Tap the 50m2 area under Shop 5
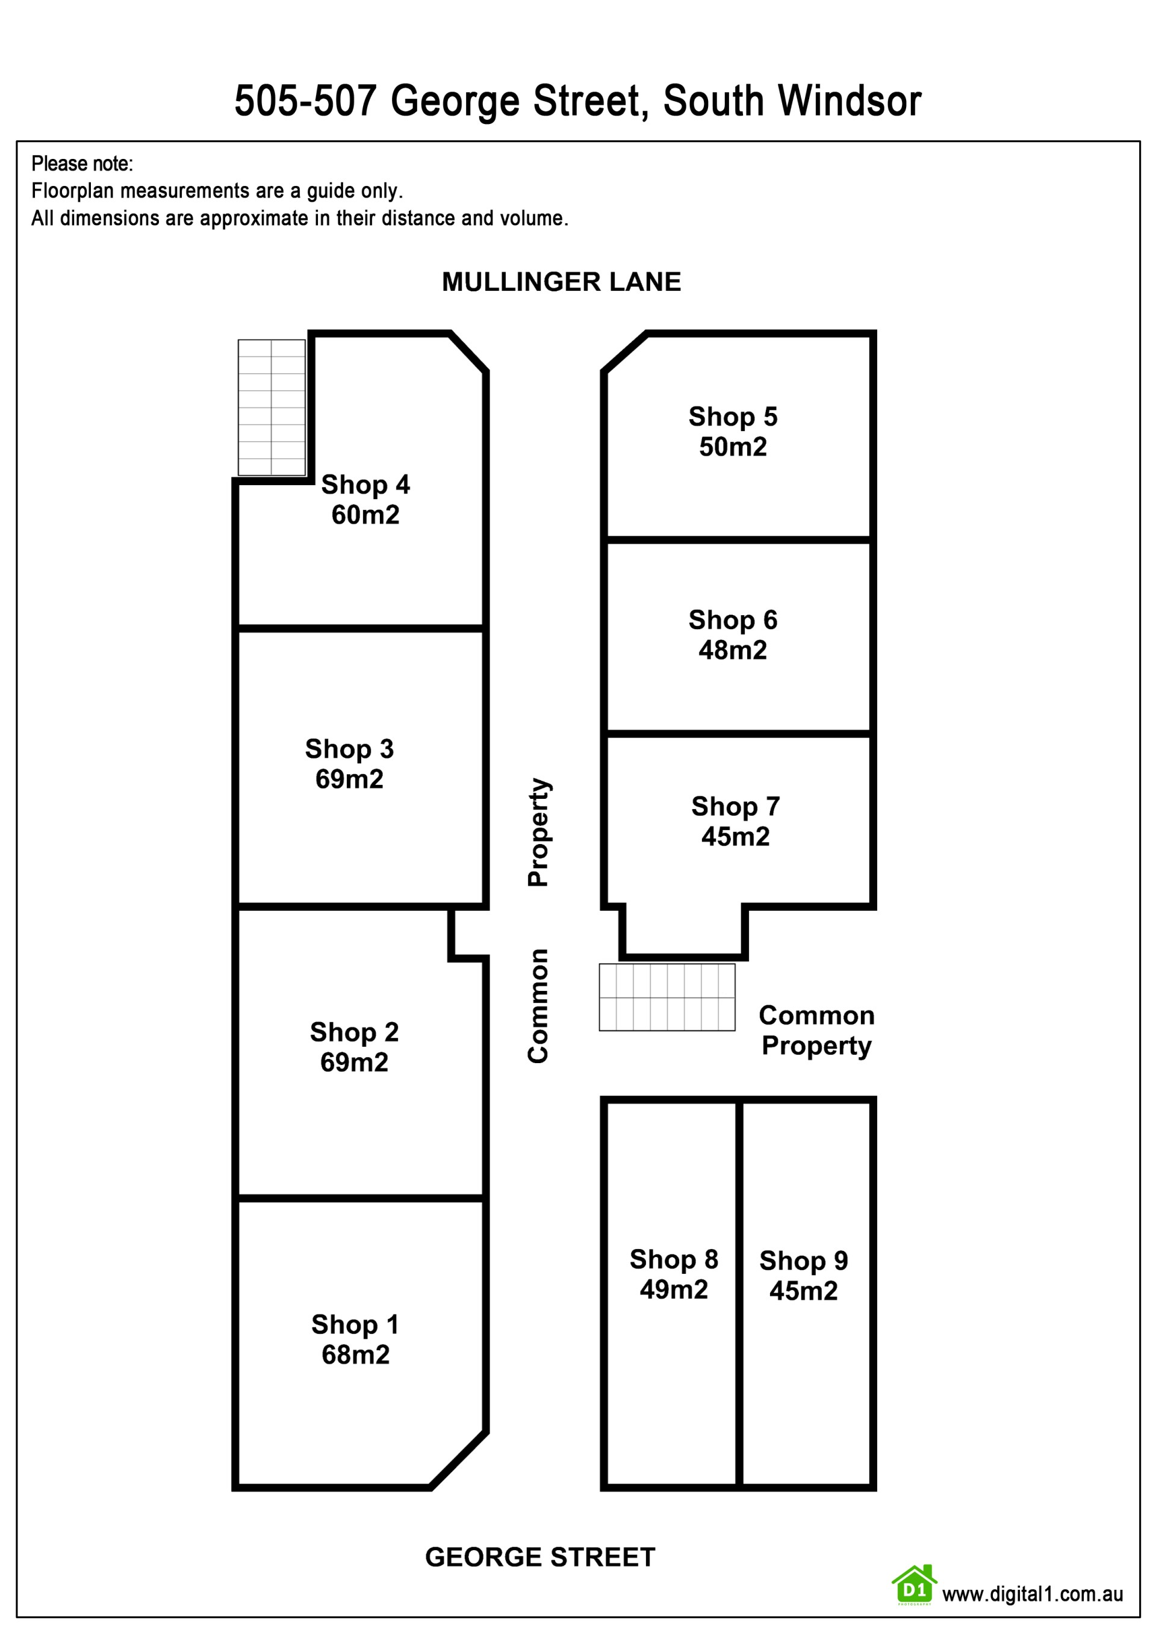tap(733, 447)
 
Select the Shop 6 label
tap(733, 619)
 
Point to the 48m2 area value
tap(733, 650)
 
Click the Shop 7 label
tap(736, 806)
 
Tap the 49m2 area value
tap(674, 1289)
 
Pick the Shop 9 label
tap(803, 1261)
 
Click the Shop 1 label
tap(355, 1324)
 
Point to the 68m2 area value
tap(355, 1354)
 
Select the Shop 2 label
tap(354, 1032)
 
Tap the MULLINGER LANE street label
tap(561, 282)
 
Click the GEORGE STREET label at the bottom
tap(540, 1557)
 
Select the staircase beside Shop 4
tap(272, 408)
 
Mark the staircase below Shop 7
tap(667, 997)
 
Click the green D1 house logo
tap(914, 1586)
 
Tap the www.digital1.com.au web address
tap(1033, 1595)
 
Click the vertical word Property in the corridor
tap(538, 832)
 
